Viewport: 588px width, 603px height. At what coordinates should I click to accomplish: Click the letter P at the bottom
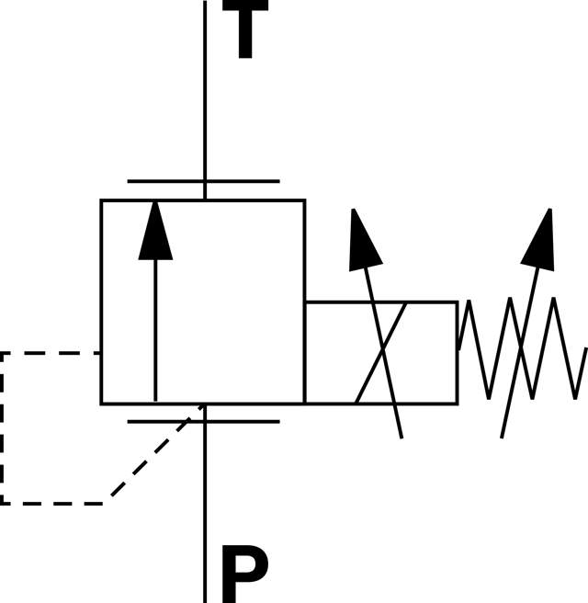[x=243, y=575]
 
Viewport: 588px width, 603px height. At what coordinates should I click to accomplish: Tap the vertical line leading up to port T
[x=205, y=92]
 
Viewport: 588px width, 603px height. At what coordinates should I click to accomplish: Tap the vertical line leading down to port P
[x=205, y=515]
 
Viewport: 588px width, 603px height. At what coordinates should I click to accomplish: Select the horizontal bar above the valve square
[x=203, y=181]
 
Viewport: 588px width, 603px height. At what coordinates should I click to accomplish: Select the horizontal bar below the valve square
[x=203, y=422]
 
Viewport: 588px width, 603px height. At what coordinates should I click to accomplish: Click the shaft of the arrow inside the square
[x=155, y=331]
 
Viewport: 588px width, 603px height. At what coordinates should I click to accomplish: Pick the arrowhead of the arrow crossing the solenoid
[x=363, y=241]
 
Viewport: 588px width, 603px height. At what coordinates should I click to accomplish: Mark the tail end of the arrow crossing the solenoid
[x=401, y=435]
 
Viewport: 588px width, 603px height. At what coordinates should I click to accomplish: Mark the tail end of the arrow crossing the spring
[x=503, y=435]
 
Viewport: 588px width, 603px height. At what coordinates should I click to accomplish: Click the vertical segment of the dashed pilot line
[x=3, y=427]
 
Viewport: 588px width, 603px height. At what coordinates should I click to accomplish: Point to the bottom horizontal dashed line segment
[x=55, y=503]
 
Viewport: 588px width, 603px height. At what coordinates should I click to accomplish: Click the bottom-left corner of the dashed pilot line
[x=3, y=503]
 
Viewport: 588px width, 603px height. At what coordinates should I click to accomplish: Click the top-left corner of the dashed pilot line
[x=3, y=353]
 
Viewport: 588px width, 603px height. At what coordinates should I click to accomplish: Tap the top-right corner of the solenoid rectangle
[x=457, y=302]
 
